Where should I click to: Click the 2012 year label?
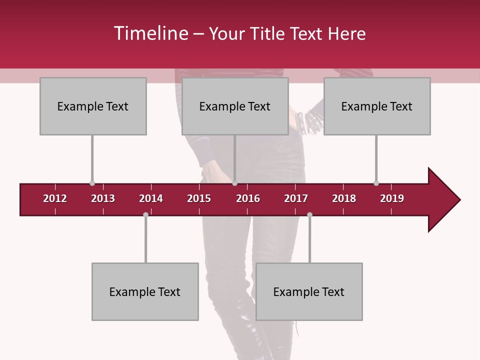(x=55, y=198)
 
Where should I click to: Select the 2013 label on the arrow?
(x=103, y=198)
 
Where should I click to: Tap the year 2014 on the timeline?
(x=151, y=198)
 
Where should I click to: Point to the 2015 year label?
(x=199, y=198)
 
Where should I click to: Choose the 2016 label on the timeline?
(x=248, y=198)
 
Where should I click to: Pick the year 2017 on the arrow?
(x=296, y=198)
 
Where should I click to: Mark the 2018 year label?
(x=344, y=198)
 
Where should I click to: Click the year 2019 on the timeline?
(x=392, y=198)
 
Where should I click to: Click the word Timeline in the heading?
(x=150, y=33)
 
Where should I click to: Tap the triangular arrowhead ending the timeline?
(x=443, y=200)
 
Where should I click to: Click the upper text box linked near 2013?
(x=93, y=106)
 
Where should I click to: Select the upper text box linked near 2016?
(x=235, y=106)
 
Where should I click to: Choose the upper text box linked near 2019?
(x=377, y=106)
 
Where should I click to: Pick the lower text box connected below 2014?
(x=145, y=291)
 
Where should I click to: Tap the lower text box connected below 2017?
(x=309, y=291)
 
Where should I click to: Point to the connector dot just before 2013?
(x=92, y=183)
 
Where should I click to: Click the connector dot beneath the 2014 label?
(x=145, y=215)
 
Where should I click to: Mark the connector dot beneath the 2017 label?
(x=309, y=215)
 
